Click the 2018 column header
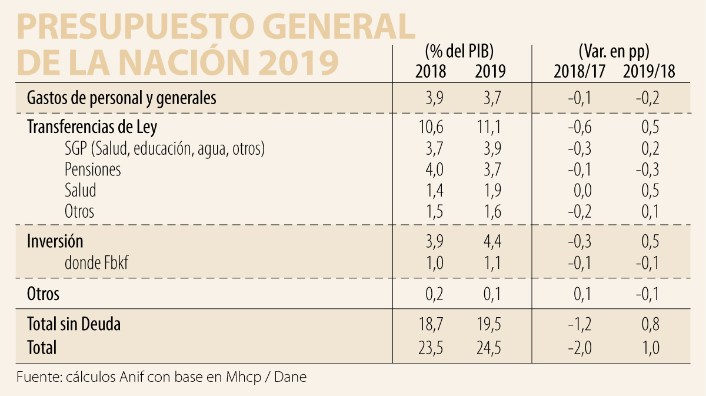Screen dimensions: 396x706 pyautogui.click(x=431, y=72)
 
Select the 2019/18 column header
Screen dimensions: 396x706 pyautogui.click(x=648, y=72)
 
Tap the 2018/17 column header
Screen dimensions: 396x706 pyautogui.click(x=580, y=72)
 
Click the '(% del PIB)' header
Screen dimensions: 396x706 pyautogui.click(x=459, y=51)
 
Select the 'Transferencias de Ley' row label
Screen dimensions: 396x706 pyautogui.click(x=92, y=127)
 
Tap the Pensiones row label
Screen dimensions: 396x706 pyautogui.click(x=92, y=169)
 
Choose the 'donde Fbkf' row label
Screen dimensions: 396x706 pyautogui.click(x=96, y=263)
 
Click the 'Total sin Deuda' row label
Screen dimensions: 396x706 pyautogui.click(x=74, y=324)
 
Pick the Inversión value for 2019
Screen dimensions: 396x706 pyautogui.click(x=490, y=241)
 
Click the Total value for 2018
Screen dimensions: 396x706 pyautogui.click(x=431, y=348)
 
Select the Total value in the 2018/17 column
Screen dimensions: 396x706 pyautogui.click(x=580, y=348)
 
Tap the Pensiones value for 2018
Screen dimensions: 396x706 pyautogui.click(x=431, y=169)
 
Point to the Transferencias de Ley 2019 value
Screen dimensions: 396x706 pyautogui.click(x=490, y=127)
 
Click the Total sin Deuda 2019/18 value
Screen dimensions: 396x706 pyautogui.click(x=648, y=324)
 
